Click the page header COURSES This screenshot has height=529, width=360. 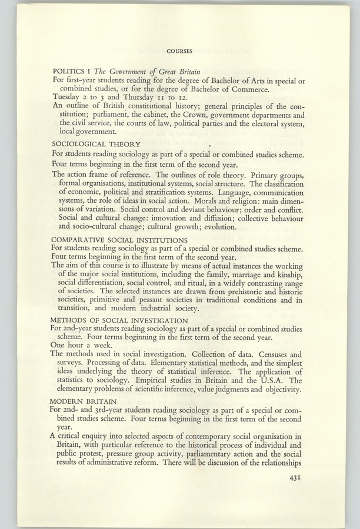(179, 51)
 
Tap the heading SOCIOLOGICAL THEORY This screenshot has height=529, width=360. (96, 144)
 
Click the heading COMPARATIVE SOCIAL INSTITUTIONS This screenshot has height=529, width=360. (120, 240)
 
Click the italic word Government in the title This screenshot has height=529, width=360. (141, 71)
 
